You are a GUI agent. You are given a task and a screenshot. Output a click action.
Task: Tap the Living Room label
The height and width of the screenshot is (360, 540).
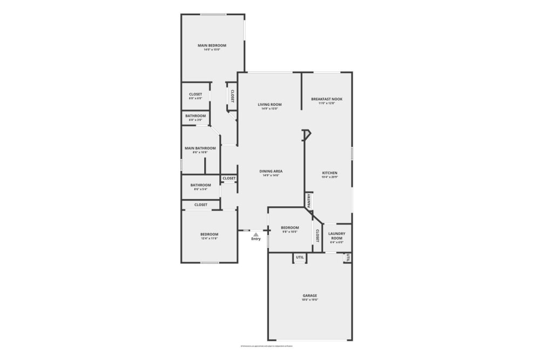point(269,105)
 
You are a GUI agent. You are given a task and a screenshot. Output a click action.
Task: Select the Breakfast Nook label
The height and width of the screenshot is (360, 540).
point(327,99)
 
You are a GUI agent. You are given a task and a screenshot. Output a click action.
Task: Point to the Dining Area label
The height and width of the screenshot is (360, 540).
point(271,171)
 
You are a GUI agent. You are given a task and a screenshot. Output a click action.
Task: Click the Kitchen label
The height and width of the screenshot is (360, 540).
point(329,173)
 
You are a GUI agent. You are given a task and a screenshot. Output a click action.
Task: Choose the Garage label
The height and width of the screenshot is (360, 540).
point(309,295)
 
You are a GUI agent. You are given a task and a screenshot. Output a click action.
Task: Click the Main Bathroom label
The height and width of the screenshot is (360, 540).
point(200,148)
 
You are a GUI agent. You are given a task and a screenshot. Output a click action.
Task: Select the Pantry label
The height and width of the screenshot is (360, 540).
point(309,201)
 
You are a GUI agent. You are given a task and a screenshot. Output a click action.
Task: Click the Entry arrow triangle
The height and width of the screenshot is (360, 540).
point(256,234)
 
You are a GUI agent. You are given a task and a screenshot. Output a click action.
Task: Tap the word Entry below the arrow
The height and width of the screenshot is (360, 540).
point(256,239)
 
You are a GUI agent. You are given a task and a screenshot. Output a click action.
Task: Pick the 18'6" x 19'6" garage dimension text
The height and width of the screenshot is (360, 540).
point(309,300)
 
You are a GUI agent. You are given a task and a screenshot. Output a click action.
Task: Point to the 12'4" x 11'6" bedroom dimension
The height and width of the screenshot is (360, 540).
point(210,238)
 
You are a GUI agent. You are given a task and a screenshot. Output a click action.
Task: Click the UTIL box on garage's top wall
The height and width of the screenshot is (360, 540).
point(300,258)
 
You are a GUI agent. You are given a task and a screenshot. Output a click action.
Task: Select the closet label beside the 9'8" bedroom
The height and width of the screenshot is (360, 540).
point(318,235)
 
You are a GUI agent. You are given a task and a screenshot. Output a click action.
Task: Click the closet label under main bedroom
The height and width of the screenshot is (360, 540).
point(195,94)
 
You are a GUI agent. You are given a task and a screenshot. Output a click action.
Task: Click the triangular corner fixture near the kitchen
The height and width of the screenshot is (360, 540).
point(306,134)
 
